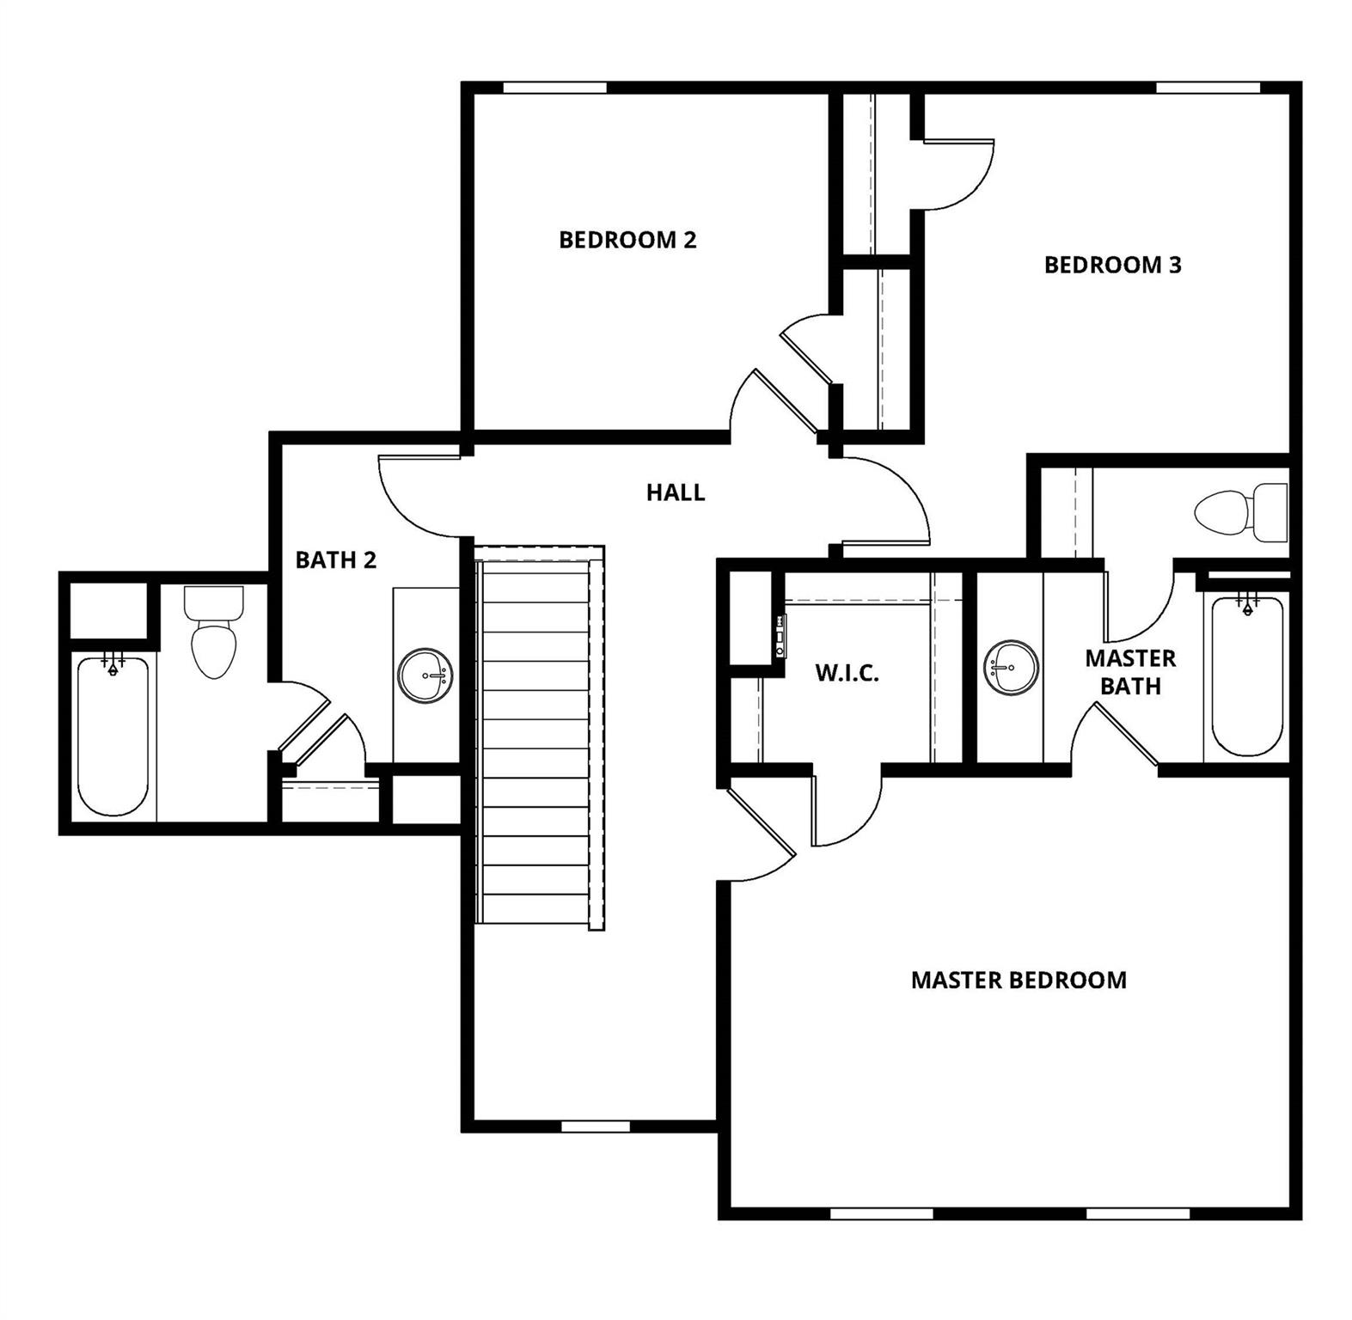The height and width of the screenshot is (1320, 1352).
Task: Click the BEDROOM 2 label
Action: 627,240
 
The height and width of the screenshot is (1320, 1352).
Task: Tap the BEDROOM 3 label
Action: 1112,265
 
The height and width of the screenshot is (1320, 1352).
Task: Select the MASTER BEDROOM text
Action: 1019,980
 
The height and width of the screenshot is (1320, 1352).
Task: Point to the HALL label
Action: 676,492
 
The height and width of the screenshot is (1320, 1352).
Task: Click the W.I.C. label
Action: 847,673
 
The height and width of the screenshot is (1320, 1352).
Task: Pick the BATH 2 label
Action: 336,560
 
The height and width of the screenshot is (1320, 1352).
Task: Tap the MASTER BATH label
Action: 1130,672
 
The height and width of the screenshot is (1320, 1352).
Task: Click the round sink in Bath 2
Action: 425,675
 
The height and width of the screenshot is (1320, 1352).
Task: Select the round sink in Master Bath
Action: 1011,668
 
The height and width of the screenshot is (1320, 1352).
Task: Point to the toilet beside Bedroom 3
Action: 1240,512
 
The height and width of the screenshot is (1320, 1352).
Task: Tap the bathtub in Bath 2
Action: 113,735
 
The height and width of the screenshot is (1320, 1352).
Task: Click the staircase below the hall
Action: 539,739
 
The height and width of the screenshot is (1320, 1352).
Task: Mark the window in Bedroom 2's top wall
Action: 554,88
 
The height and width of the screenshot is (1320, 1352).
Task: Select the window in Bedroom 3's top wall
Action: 1208,88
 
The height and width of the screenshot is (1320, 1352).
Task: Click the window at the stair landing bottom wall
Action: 596,1126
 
